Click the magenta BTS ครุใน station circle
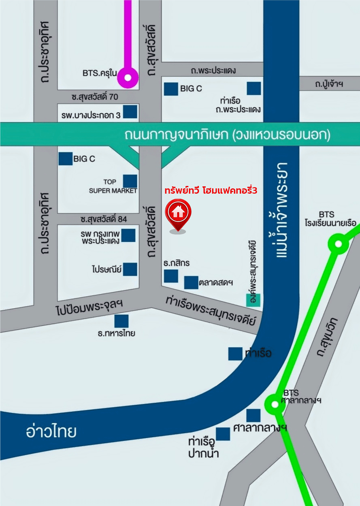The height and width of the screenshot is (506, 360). [128, 77]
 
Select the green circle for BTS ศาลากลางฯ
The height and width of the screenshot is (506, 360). [275, 404]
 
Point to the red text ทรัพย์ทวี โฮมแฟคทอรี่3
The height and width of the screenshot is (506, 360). [211, 190]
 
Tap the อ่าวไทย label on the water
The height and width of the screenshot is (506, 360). [51, 432]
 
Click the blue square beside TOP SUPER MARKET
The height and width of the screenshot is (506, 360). [130, 181]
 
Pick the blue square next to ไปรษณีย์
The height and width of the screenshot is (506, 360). [130, 269]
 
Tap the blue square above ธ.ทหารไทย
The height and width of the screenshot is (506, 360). [121, 321]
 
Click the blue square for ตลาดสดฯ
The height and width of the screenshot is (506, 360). [191, 283]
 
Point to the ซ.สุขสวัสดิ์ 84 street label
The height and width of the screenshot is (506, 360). [104, 219]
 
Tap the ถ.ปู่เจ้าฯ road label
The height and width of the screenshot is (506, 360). [329, 84]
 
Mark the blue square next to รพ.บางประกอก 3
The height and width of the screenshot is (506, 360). [130, 111]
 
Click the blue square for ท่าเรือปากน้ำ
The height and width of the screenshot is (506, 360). [223, 434]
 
